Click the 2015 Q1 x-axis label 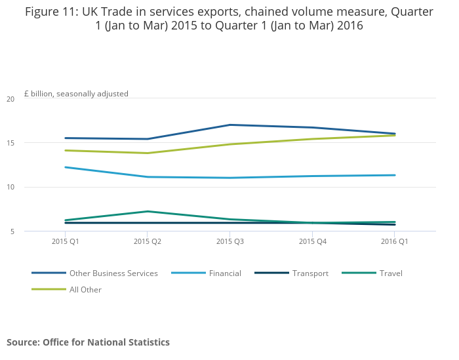tap(65, 242)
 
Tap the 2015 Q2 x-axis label tap(148, 242)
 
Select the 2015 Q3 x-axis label tap(229, 242)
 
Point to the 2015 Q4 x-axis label tap(312, 242)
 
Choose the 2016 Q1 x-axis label tap(395, 242)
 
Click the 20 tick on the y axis tap(10, 99)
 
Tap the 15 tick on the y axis tap(10, 143)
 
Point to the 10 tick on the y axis tap(10, 188)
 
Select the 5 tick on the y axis tap(12, 231)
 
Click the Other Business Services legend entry tap(113, 273)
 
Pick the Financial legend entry tap(225, 273)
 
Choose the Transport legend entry tap(310, 273)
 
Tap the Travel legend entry tap(390, 273)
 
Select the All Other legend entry tap(85, 289)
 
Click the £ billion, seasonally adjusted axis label tap(76, 94)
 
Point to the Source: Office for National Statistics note tap(88, 342)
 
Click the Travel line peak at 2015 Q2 tap(148, 211)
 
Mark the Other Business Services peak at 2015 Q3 tap(229, 125)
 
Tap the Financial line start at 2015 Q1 tap(65, 167)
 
